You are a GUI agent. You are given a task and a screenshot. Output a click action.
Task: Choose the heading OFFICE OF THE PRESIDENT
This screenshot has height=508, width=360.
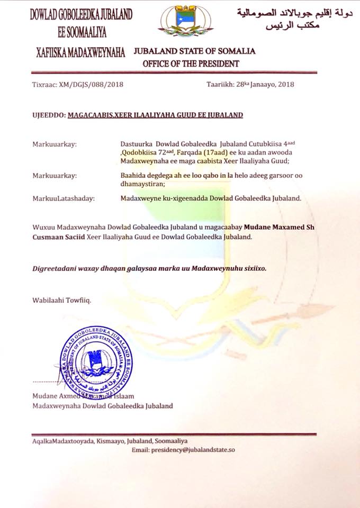click(x=191, y=63)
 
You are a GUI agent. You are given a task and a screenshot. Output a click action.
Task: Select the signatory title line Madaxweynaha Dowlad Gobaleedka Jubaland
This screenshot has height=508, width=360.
click(x=102, y=406)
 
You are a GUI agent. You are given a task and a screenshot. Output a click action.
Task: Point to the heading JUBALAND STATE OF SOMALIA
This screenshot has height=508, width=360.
click(x=195, y=51)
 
